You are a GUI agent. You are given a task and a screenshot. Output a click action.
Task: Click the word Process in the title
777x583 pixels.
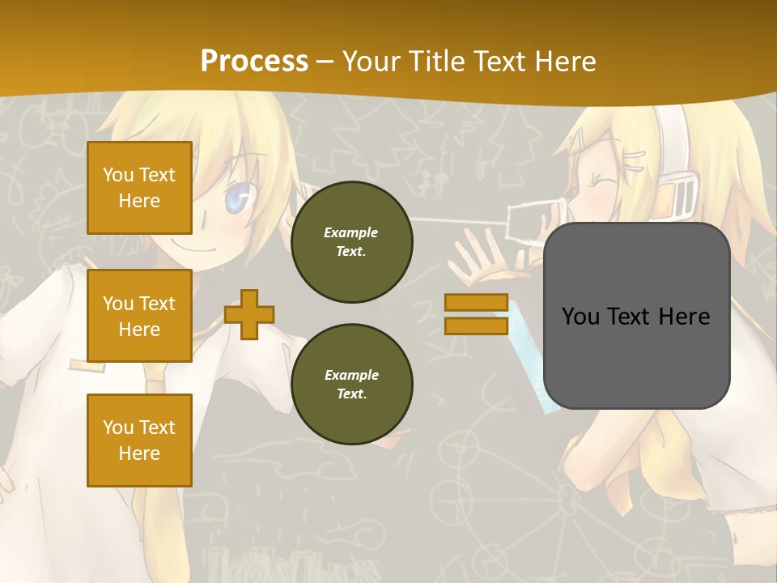[x=254, y=61]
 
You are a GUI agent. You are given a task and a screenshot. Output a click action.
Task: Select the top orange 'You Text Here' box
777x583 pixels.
[x=139, y=188]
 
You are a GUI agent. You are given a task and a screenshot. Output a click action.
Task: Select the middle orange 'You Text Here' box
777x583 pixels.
[x=139, y=316]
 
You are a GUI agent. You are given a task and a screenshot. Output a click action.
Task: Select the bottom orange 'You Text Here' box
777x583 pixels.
[x=139, y=440]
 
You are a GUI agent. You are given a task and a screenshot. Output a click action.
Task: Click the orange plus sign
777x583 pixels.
[x=249, y=314]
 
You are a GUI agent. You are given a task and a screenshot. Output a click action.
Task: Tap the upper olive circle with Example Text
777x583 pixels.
[x=352, y=242]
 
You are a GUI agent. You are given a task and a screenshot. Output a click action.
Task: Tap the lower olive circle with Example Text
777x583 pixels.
[x=352, y=385]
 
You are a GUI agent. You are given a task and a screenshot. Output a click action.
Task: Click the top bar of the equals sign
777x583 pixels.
[x=477, y=302]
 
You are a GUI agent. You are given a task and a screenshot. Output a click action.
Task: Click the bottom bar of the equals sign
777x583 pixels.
[x=477, y=326]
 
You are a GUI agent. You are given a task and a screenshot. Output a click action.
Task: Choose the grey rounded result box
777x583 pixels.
[x=637, y=316]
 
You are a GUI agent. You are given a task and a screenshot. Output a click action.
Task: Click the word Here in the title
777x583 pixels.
[x=564, y=61]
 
